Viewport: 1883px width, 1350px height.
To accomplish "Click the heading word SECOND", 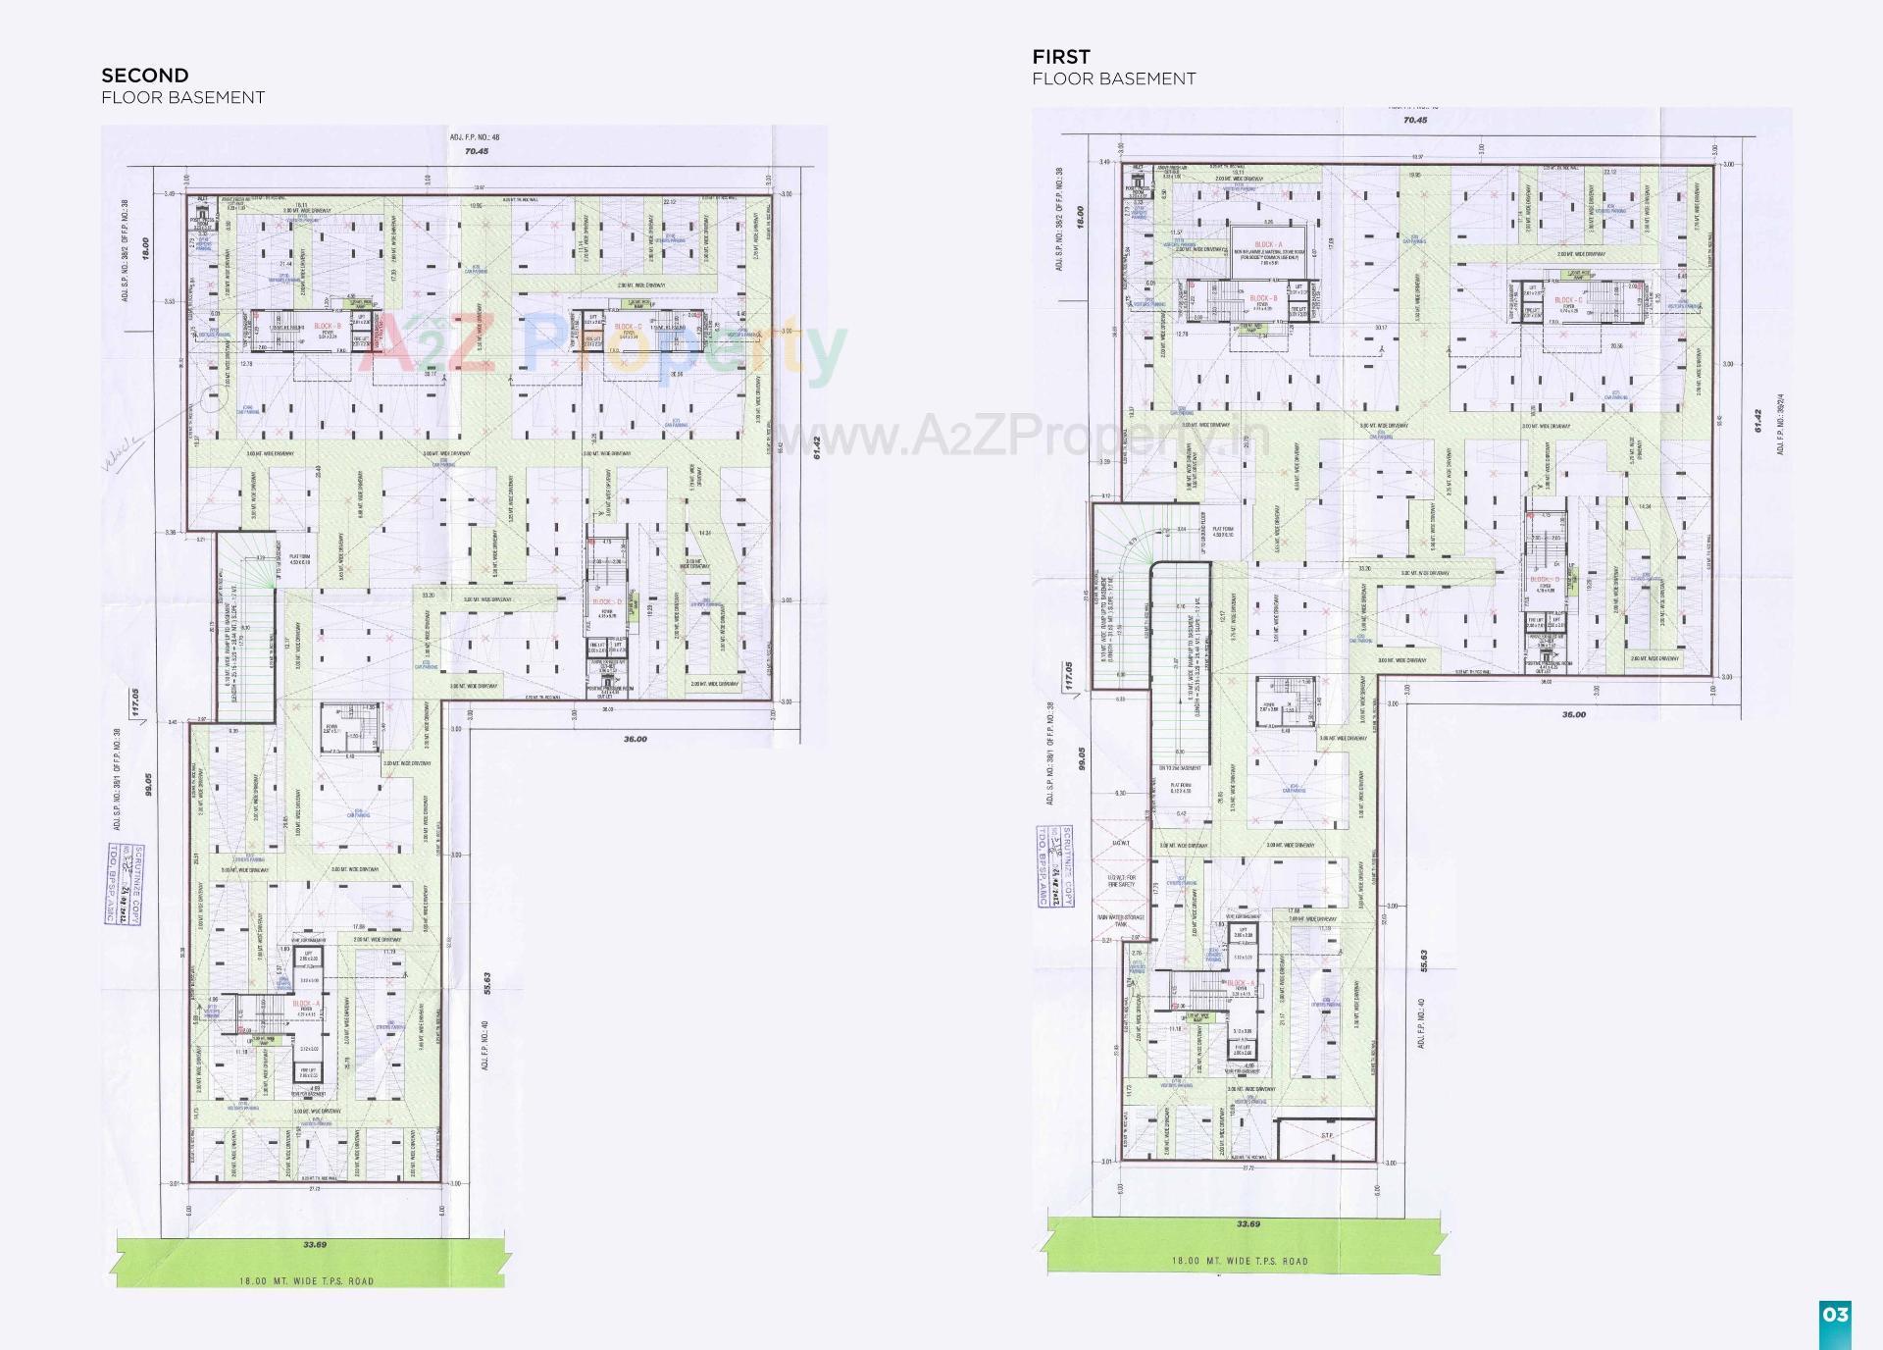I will point(145,76).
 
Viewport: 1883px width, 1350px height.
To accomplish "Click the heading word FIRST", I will point(1060,57).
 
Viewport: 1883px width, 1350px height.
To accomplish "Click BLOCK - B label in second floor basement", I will point(327,327).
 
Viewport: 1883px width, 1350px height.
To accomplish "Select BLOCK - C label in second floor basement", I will point(628,327).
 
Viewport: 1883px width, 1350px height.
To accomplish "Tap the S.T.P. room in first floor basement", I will point(1326,1135).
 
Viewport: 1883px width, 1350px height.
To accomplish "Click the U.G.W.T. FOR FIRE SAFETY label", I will point(1121,880).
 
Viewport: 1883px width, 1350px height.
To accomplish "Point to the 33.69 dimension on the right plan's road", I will point(1247,1223).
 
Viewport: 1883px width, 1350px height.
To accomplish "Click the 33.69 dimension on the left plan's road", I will point(314,1245).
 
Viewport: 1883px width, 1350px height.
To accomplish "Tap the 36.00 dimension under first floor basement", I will point(1572,714).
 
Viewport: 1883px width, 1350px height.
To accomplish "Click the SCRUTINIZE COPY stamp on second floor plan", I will point(123,883).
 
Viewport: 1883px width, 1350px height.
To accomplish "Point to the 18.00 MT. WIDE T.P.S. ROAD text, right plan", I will point(1239,1261).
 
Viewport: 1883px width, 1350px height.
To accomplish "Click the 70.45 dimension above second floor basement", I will point(477,152).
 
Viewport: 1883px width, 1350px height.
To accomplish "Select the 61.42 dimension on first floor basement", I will point(1758,422).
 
